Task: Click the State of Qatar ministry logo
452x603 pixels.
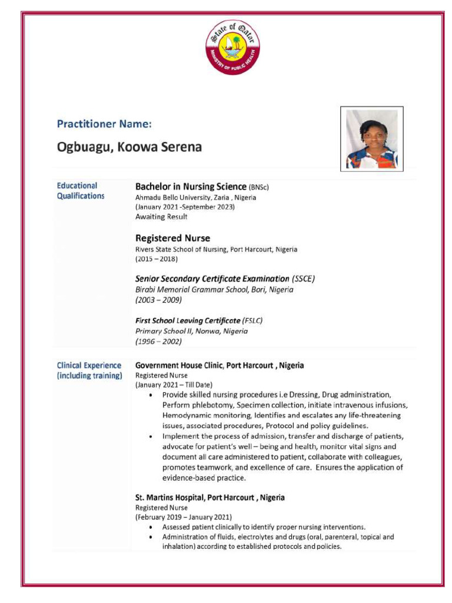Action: tap(232, 47)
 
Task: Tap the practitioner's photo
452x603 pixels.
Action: tap(371, 139)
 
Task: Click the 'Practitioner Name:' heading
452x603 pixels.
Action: tap(104, 124)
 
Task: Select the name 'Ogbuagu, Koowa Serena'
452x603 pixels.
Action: tap(129, 147)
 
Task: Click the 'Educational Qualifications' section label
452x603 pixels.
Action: tap(81, 191)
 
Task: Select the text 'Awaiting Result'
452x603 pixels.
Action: tap(161, 217)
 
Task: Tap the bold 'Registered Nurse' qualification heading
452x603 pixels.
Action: tap(172, 238)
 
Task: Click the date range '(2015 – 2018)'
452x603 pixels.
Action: tap(157, 259)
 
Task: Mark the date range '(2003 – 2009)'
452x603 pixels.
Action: tap(158, 300)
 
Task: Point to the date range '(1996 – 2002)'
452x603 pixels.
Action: tap(158, 341)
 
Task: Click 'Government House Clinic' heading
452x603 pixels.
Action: tap(220, 365)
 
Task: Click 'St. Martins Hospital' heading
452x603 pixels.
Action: tap(210, 498)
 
